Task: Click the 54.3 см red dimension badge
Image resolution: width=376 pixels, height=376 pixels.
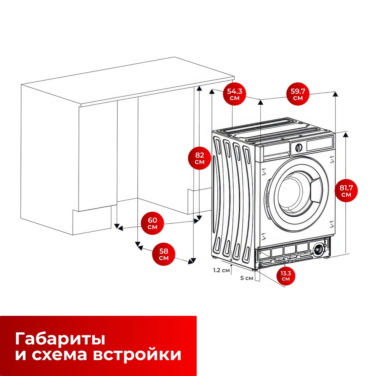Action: [235, 94]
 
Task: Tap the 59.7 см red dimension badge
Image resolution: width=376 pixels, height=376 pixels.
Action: [298, 94]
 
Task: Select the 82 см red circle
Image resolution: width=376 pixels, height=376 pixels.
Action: [200, 158]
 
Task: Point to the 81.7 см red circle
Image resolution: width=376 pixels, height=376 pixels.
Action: [346, 191]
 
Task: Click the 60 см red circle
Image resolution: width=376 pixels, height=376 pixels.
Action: [152, 223]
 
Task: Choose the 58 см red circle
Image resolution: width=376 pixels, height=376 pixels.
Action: [164, 254]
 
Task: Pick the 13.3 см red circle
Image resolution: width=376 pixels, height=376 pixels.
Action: [286, 276]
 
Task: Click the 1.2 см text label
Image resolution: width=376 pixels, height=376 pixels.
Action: [221, 270]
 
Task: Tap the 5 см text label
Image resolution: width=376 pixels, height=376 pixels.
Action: [247, 278]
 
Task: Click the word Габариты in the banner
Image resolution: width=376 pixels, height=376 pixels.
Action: [60, 338]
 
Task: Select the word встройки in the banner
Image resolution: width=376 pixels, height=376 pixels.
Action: [137, 355]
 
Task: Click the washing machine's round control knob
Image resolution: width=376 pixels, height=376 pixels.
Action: [299, 148]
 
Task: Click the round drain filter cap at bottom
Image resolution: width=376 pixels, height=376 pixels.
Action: [318, 249]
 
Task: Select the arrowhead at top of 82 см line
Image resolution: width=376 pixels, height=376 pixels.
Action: [199, 88]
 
